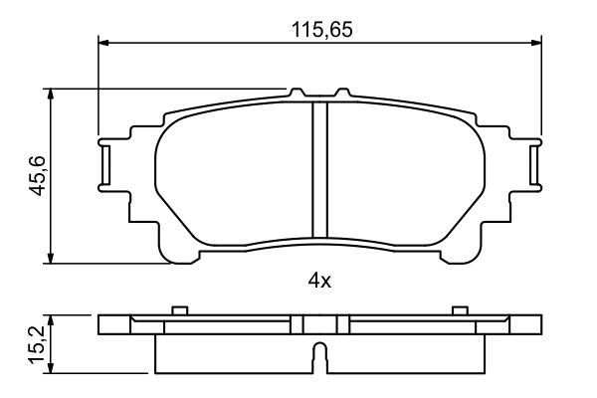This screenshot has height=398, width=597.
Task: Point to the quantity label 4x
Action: click(x=318, y=281)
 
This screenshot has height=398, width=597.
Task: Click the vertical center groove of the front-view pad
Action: click(x=319, y=169)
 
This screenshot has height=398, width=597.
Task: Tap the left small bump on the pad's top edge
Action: click(x=296, y=93)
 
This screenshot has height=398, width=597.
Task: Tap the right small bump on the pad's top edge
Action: click(x=344, y=93)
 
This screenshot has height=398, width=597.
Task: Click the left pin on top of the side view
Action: click(x=179, y=310)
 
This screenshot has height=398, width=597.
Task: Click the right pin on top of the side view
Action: click(x=459, y=310)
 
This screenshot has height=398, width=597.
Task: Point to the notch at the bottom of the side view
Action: click(x=318, y=356)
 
